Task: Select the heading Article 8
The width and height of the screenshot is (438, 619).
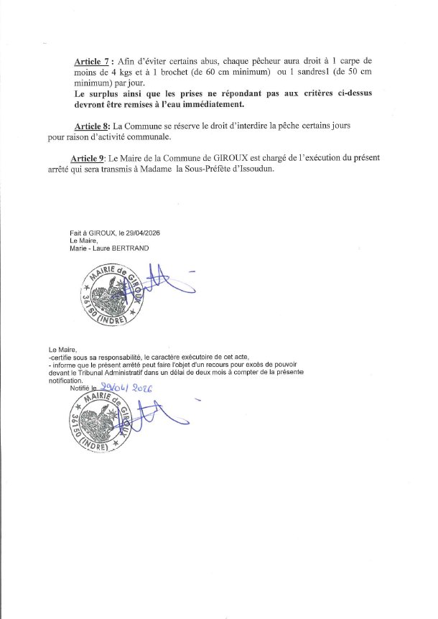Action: tap(92, 125)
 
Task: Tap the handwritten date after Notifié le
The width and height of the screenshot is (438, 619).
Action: tap(130, 388)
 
